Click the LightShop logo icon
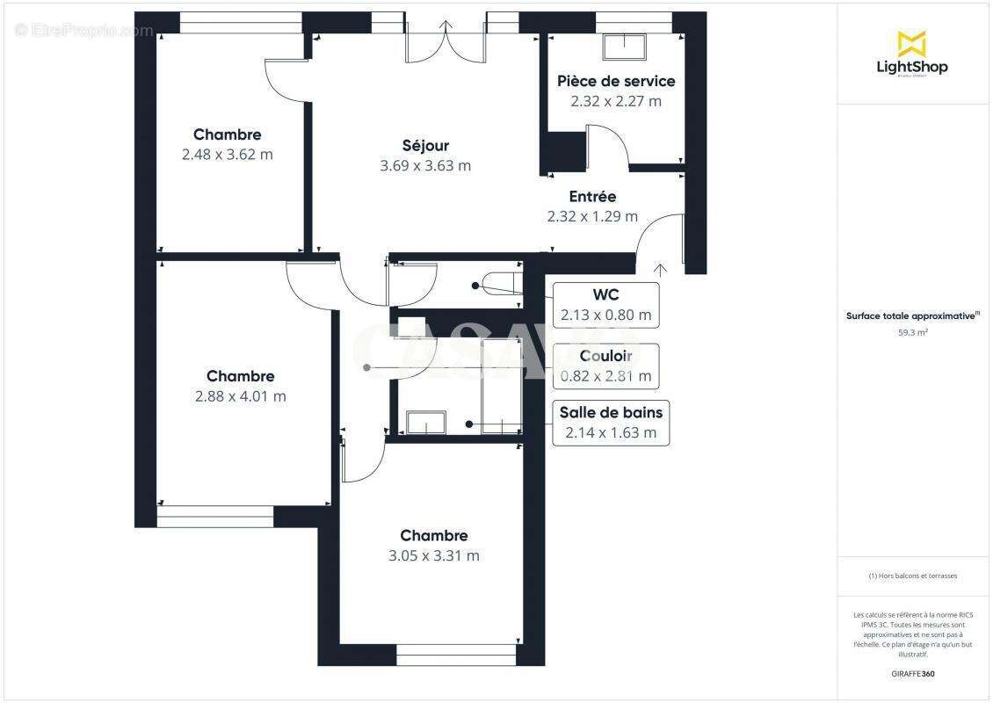point(911,43)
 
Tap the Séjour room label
point(425,146)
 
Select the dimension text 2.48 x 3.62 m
point(227,155)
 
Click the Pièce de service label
point(616,81)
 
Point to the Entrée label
point(592,197)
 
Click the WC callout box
point(605,304)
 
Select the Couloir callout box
point(605,366)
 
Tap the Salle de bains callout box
point(610,423)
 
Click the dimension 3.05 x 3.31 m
point(433,556)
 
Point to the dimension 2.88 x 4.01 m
point(240,396)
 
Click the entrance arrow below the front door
point(660,268)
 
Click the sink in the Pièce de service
point(624,47)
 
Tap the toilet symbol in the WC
point(501,286)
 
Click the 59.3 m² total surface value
point(913,333)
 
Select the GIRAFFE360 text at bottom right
point(913,674)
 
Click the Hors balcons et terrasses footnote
point(913,576)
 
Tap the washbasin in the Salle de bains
point(425,423)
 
